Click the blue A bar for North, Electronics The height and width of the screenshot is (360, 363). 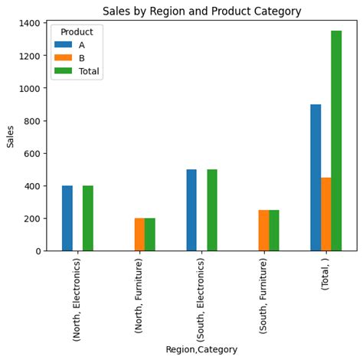[x=67, y=218]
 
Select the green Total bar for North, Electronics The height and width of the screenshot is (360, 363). [x=88, y=218]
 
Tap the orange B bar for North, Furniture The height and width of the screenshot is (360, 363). [x=139, y=234]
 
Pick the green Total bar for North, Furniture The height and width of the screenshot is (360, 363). [x=150, y=234]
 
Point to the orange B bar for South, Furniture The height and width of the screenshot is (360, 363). [x=263, y=231]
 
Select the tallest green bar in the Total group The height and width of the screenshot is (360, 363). [x=336, y=141]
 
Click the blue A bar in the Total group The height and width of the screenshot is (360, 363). [x=316, y=178]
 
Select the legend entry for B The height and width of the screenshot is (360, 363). [x=81, y=58]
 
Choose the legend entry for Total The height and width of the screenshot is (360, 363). [x=89, y=71]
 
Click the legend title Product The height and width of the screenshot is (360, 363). [x=77, y=32]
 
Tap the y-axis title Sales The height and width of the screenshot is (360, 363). [x=10, y=136]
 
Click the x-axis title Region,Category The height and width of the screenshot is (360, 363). [x=201, y=349]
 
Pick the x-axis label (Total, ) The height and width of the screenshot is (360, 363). [x=325, y=284]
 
